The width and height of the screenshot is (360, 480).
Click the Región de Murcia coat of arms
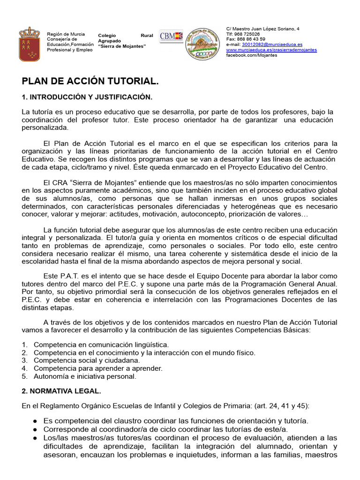[29, 44]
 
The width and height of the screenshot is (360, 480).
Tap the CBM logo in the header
[171, 37]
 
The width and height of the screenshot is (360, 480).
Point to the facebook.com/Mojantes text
[251, 55]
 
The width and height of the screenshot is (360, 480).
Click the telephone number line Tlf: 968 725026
[243, 34]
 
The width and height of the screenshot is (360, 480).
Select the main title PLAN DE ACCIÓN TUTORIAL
[90, 82]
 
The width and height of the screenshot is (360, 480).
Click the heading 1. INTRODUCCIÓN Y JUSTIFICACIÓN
[87, 97]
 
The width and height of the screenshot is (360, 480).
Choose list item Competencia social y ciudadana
[87, 360]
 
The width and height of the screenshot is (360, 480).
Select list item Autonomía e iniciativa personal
[85, 376]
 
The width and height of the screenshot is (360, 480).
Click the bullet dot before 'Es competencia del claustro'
[35, 421]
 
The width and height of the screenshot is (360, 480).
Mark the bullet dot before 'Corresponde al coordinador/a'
[35, 429]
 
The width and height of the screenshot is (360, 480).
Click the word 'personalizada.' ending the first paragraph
[45, 127]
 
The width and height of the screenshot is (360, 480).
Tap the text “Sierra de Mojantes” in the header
[122, 46]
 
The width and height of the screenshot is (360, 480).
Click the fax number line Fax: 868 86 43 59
[246, 39]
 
